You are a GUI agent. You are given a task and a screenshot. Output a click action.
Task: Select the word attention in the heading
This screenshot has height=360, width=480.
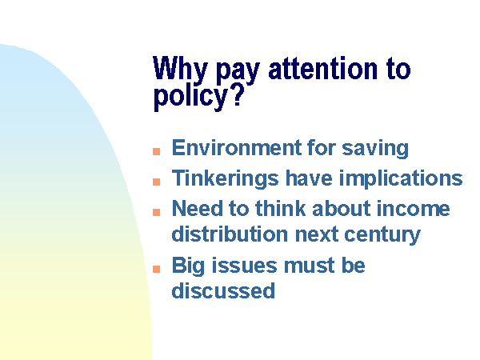322,68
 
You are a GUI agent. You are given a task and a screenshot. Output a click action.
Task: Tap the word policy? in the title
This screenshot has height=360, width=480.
198,97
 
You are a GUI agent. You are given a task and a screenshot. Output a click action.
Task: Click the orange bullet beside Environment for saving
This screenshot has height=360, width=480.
157,151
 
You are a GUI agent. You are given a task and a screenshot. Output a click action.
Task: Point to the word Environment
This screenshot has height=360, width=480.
236,147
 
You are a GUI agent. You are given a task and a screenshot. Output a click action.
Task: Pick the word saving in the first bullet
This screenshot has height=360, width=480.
375,149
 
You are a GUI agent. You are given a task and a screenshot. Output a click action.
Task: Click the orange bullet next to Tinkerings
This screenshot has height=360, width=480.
157,182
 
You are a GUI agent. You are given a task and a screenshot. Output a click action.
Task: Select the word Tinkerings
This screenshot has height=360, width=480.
226,178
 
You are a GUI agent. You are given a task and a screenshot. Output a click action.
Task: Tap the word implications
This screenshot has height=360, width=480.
401,178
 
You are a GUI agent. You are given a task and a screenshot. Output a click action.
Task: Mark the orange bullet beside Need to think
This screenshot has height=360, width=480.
157,212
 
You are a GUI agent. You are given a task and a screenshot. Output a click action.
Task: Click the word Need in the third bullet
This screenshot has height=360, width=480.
197,209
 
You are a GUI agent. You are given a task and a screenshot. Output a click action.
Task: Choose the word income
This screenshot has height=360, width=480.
413,209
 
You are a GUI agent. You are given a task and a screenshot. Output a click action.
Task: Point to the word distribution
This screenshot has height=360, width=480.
230,234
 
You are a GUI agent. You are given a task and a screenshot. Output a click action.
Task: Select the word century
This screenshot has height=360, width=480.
382,235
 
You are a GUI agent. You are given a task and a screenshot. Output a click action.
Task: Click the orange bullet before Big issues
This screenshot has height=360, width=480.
157,269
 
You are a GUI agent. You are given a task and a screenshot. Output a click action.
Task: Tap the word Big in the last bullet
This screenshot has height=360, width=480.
188,266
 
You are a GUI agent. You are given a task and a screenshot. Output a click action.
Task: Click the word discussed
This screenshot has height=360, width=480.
223,290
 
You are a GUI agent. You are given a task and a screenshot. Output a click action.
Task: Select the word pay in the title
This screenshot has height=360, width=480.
238,71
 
